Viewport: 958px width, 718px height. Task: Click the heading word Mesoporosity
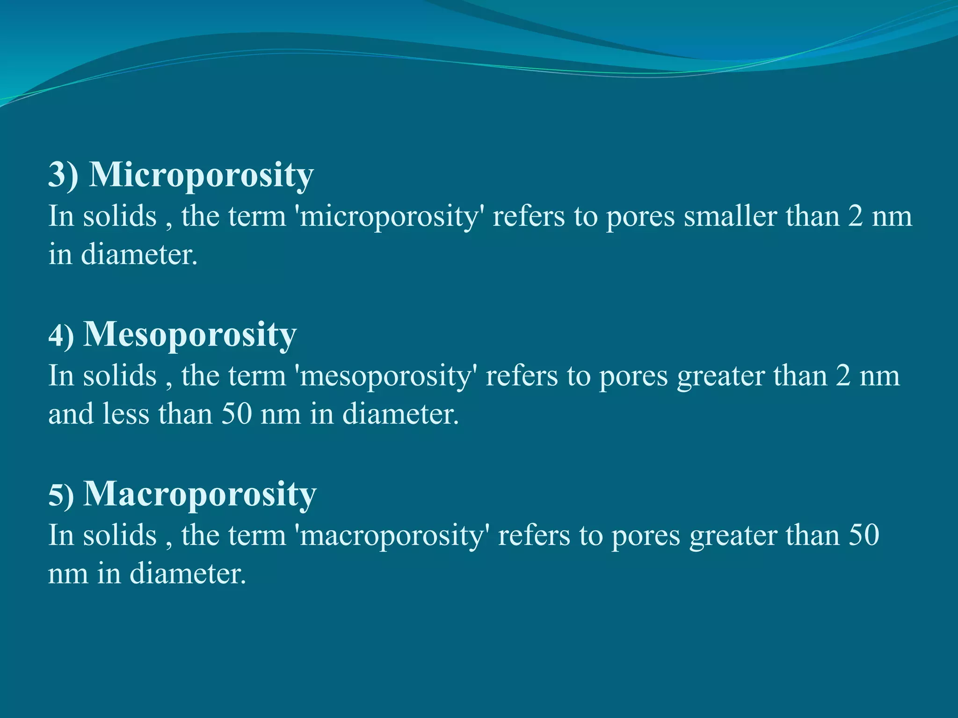pyautogui.click(x=189, y=335)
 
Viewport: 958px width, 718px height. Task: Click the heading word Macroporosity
pyautogui.click(x=200, y=494)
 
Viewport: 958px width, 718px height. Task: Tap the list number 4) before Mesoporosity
pyautogui.click(x=61, y=336)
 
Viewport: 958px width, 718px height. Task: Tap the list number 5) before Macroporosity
pyautogui.click(x=61, y=495)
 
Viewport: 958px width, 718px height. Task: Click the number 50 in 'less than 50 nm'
pyautogui.click(x=237, y=415)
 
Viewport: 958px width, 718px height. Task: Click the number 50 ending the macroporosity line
pyautogui.click(x=864, y=536)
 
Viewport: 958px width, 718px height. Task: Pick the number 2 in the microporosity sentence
pyautogui.click(x=856, y=217)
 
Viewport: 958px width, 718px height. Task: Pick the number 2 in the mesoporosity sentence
pyautogui.click(x=843, y=376)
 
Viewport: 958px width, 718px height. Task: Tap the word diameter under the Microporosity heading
pyautogui.click(x=139, y=255)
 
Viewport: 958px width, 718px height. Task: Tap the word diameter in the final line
pyautogui.click(x=187, y=574)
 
